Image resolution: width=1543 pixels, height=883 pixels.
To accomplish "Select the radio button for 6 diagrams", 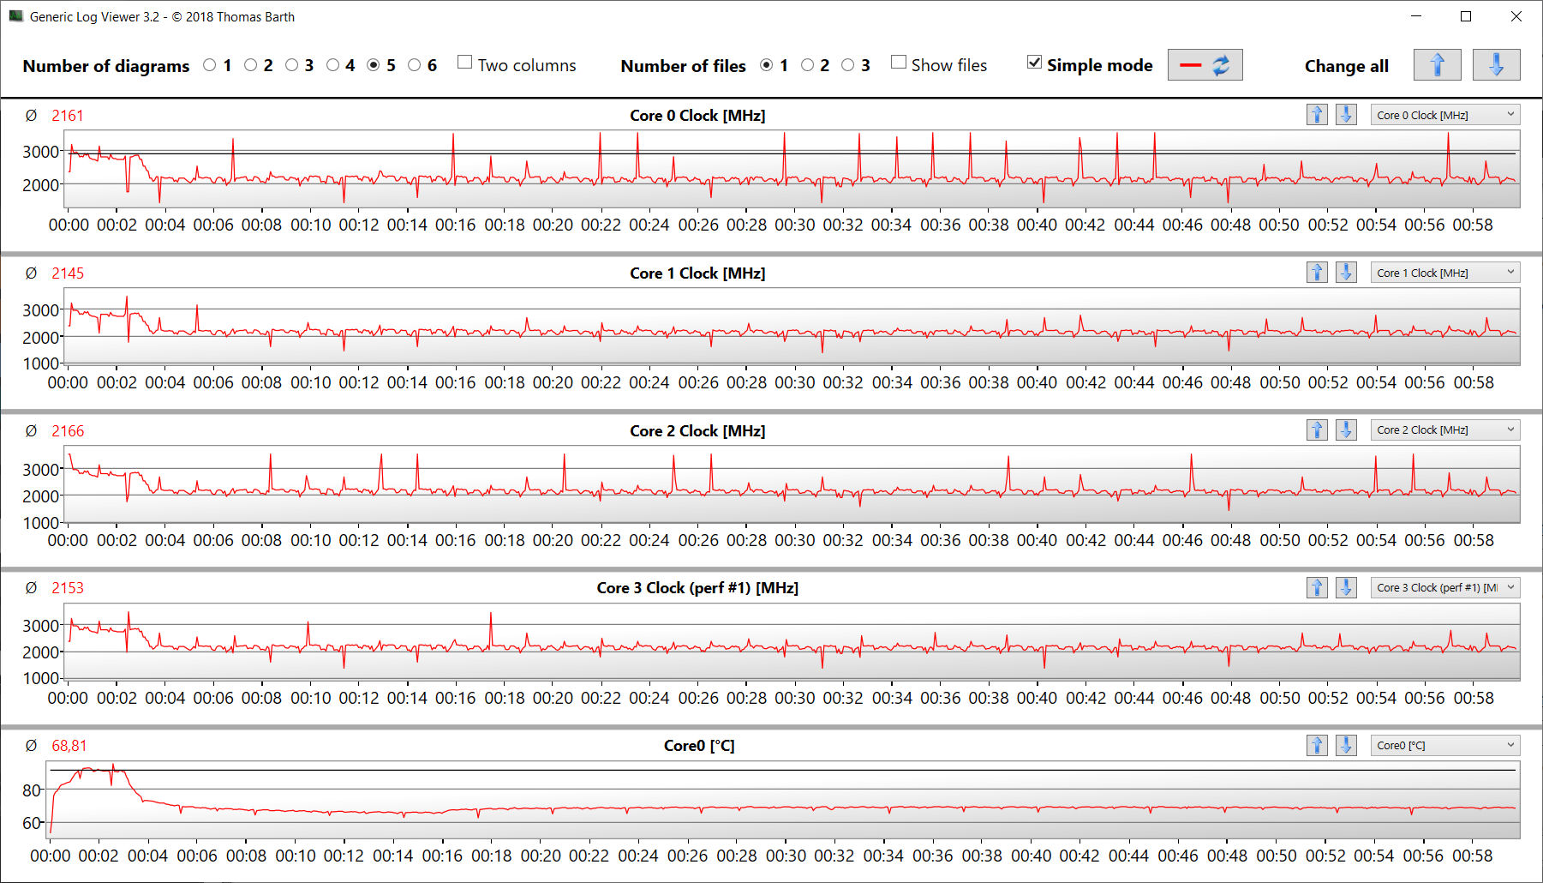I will pos(415,65).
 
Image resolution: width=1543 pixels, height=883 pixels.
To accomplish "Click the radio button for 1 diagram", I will pos(210,65).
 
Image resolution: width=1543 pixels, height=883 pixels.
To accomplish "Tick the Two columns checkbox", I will pos(465,63).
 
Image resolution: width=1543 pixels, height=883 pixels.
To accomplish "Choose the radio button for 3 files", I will pos(848,65).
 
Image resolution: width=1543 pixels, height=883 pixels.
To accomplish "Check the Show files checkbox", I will pos(899,63).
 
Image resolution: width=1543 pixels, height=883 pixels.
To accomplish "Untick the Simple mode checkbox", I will pos(1035,63).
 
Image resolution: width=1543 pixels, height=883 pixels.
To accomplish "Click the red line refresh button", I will pos(1205,65).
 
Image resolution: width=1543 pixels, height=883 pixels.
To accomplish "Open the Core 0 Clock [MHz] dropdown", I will pos(1444,115).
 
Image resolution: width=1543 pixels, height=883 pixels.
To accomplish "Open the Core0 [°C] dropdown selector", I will pos(1444,745).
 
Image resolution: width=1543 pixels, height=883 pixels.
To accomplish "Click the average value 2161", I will pos(68,116).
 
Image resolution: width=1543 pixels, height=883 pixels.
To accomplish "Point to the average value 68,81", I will pos(69,746).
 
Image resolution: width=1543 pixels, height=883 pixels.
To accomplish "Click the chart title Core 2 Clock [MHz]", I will pos(697,430).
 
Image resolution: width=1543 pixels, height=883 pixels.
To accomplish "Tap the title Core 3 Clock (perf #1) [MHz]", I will pos(697,588).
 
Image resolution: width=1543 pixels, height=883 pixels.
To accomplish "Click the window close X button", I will pos(1516,16).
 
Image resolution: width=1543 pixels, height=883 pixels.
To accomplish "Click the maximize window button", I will pos(1466,16).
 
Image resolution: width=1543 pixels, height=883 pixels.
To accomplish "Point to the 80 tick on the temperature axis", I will pos(32,790).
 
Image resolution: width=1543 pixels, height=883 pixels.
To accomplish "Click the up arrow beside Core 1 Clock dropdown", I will pos(1317,273).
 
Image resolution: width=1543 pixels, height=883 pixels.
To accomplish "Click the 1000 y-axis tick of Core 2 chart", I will pos(40,522).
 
